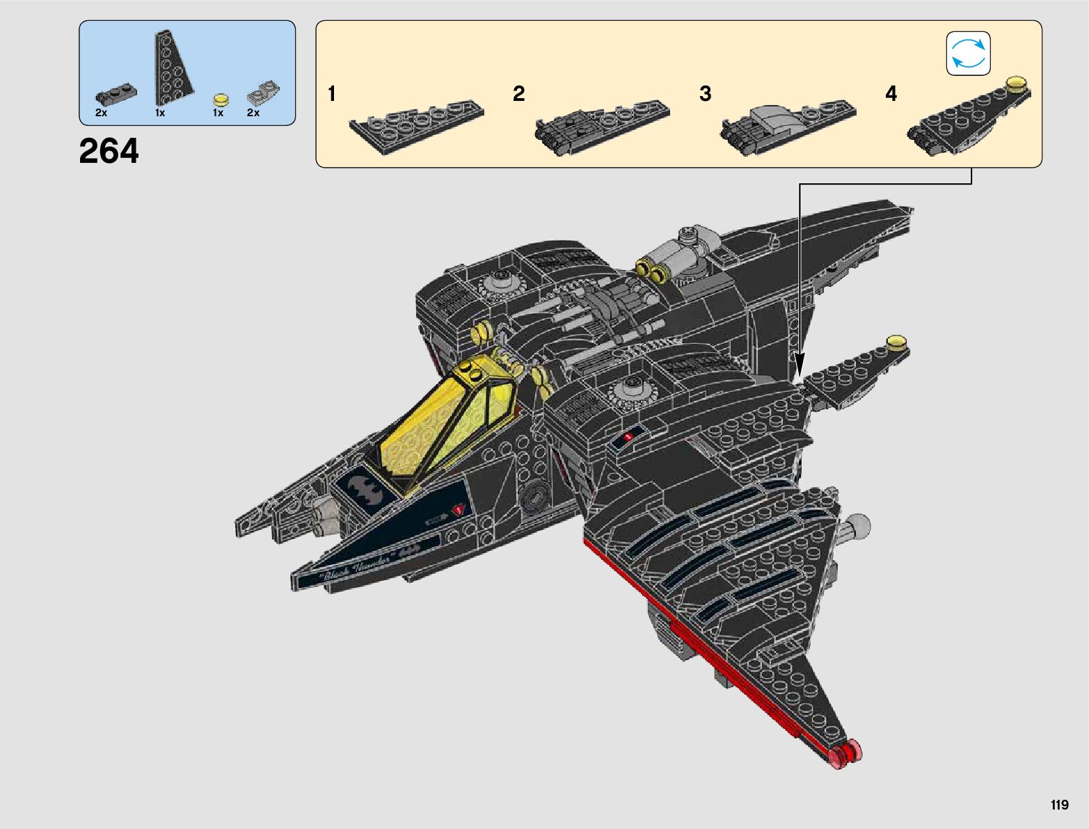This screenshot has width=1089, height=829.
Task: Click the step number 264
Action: coord(109,151)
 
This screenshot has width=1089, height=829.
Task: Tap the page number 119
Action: coord(1059,805)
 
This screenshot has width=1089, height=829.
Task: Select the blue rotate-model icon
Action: coord(968,54)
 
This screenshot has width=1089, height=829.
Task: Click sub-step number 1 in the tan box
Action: coord(332,94)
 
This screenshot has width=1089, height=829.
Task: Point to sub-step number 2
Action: coord(518,94)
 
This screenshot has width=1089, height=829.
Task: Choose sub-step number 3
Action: coord(705,94)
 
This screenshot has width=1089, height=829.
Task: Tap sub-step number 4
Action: coord(891,94)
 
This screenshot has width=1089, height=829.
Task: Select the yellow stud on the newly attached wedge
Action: coord(896,342)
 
